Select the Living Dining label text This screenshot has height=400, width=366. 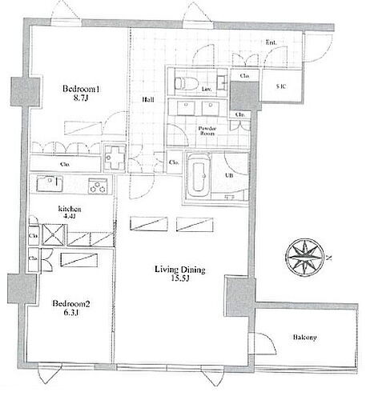pos(179,270)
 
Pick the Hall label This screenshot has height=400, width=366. pos(149,100)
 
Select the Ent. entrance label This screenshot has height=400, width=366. pos(272,43)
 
